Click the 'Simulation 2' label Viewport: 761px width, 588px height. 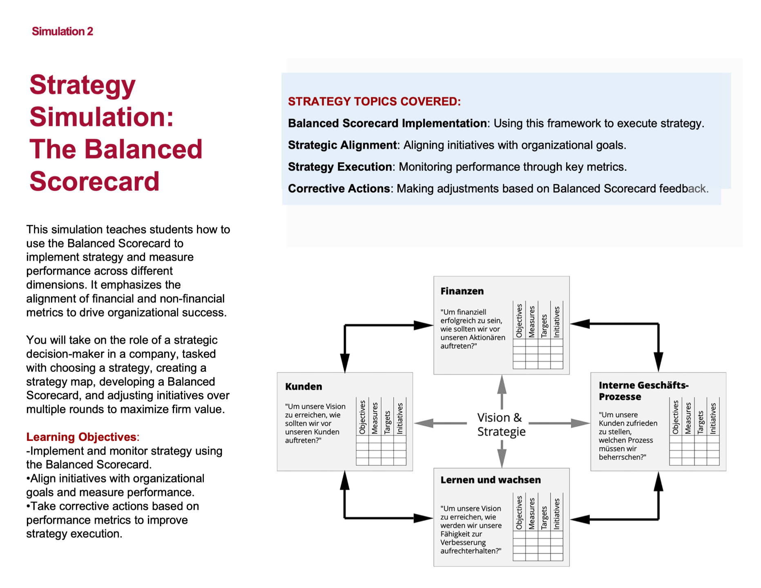tap(62, 31)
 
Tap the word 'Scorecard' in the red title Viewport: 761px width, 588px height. tap(94, 181)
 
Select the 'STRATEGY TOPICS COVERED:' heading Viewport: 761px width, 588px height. tap(374, 101)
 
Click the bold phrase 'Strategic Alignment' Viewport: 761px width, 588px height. tap(342, 145)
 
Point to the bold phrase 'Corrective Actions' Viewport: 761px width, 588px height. tap(339, 188)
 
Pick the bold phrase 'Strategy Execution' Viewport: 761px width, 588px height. tap(340, 167)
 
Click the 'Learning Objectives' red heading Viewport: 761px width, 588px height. tap(81, 437)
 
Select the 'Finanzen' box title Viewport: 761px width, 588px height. tap(462, 291)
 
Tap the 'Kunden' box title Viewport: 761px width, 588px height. tap(304, 386)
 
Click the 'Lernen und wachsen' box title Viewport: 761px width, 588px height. tap(491, 480)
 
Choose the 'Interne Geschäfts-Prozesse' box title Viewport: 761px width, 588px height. tap(643, 391)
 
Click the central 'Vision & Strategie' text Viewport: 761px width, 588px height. tap(501, 424)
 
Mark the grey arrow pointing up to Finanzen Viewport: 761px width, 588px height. tap(502, 391)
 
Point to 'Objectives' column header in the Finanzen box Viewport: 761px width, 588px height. tap(519, 321)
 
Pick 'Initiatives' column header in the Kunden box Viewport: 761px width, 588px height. tap(400, 418)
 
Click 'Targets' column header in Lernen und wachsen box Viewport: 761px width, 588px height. tap(544, 517)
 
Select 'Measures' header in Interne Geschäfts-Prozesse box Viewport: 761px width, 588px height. tap(688, 418)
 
